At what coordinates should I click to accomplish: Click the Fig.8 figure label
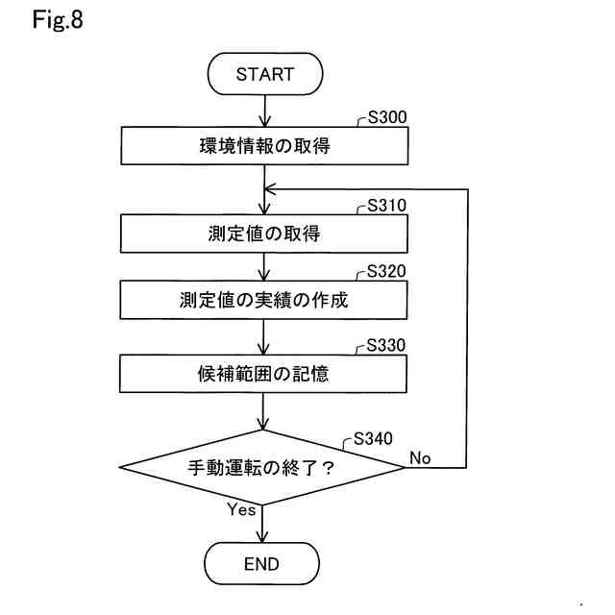58,20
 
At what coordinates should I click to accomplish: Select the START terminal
264,74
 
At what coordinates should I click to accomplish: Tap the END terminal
261,564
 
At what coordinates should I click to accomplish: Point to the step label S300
387,118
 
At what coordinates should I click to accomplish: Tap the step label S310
387,206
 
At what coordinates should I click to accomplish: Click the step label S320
387,271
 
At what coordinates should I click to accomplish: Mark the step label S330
387,345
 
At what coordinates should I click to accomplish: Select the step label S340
373,438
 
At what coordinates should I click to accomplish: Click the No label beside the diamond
420,457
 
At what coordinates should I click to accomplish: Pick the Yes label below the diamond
241,510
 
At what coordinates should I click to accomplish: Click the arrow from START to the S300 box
264,111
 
